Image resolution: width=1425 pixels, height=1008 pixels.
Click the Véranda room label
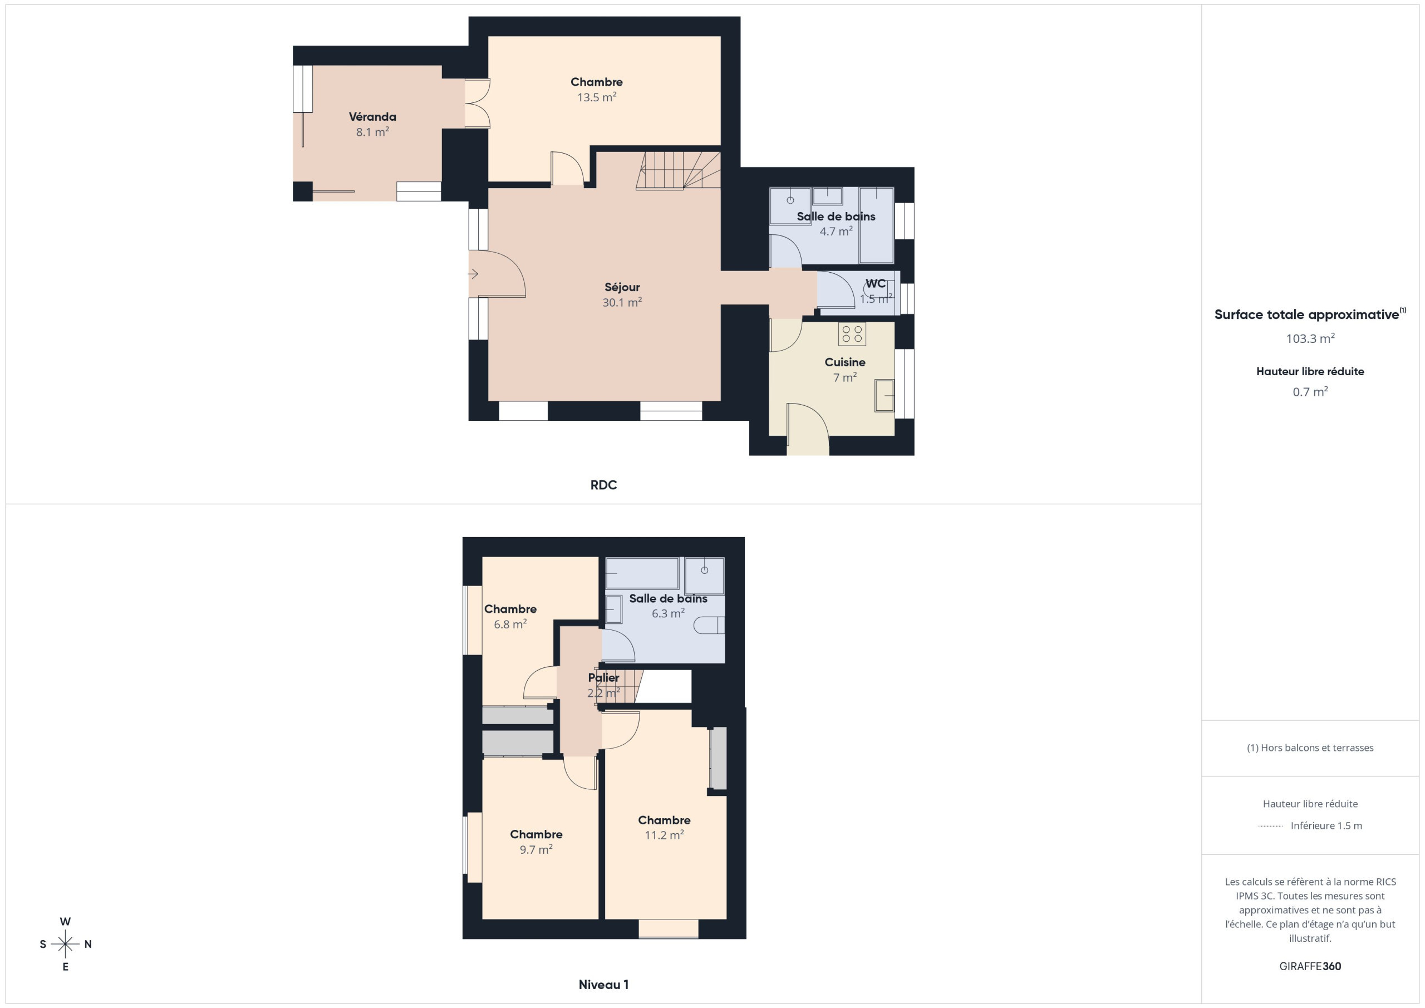point(372,117)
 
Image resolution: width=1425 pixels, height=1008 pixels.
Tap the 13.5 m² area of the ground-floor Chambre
point(596,97)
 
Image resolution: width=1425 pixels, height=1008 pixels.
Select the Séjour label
point(622,287)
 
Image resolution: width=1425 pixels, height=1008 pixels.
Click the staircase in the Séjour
point(679,171)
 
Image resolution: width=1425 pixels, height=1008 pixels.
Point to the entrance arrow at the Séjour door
point(474,274)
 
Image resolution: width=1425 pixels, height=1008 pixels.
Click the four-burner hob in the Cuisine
point(852,333)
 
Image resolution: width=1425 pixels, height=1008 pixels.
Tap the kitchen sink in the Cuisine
point(885,396)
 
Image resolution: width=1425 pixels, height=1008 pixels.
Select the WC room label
point(875,284)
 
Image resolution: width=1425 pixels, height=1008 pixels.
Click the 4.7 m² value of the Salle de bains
point(836,232)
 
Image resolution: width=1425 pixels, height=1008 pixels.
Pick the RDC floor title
point(603,485)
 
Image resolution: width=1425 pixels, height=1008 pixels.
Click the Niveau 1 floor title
point(603,985)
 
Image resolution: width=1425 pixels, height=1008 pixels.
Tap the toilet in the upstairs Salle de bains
point(709,625)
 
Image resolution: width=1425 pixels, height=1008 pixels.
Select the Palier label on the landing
point(603,678)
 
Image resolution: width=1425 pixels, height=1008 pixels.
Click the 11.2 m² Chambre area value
point(664,835)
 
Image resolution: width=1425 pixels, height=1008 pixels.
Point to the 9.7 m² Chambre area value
point(536,850)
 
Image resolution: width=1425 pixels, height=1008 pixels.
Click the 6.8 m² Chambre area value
point(510,625)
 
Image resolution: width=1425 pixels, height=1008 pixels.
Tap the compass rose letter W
point(65,922)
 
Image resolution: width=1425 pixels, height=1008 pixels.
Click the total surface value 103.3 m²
point(1310,339)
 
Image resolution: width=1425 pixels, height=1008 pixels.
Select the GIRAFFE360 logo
point(1310,966)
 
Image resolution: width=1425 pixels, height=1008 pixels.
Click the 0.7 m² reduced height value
point(1310,392)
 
